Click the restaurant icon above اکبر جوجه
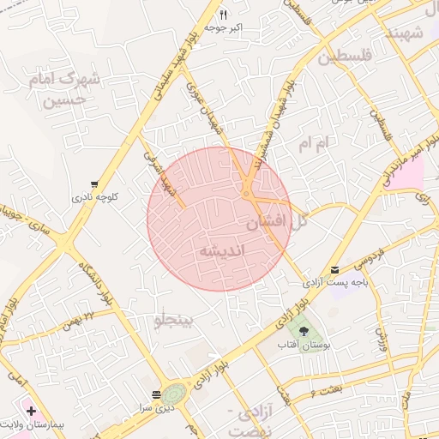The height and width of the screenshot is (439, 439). point(224,15)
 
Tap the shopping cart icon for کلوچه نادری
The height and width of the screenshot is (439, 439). point(93,183)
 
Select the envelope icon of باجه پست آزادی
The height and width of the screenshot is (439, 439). point(334,269)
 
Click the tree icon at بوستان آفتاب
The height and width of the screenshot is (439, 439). point(303,330)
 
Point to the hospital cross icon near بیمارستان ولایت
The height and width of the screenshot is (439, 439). point(31,412)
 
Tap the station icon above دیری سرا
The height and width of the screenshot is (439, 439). point(155,395)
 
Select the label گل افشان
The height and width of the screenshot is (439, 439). point(276,220)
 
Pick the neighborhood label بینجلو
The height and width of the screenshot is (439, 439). point(174,321)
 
